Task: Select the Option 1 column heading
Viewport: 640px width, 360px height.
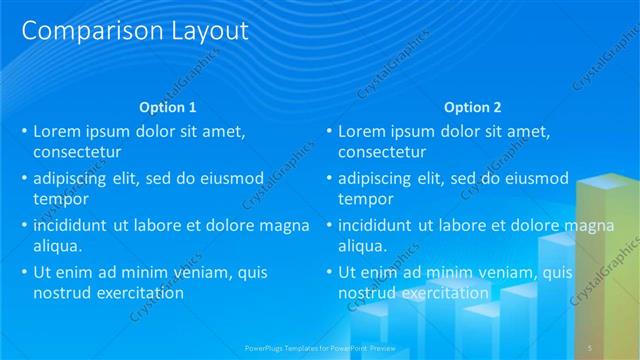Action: (x=167, y=107)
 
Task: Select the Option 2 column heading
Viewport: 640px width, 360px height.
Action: (x=472, y=107)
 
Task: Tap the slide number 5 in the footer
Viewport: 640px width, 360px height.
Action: (x=590, y=346)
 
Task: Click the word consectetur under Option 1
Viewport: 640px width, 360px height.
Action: (x=77, y=152)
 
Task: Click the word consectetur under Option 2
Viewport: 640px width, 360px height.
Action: (x=382, y=152)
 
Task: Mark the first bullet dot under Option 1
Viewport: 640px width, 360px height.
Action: (x=25, y=131)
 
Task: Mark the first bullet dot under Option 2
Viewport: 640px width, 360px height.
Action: (x=330, y=131)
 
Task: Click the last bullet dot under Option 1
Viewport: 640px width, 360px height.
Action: (x=25, y=272)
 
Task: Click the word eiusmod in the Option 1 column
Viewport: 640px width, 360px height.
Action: (x=231, y=179)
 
